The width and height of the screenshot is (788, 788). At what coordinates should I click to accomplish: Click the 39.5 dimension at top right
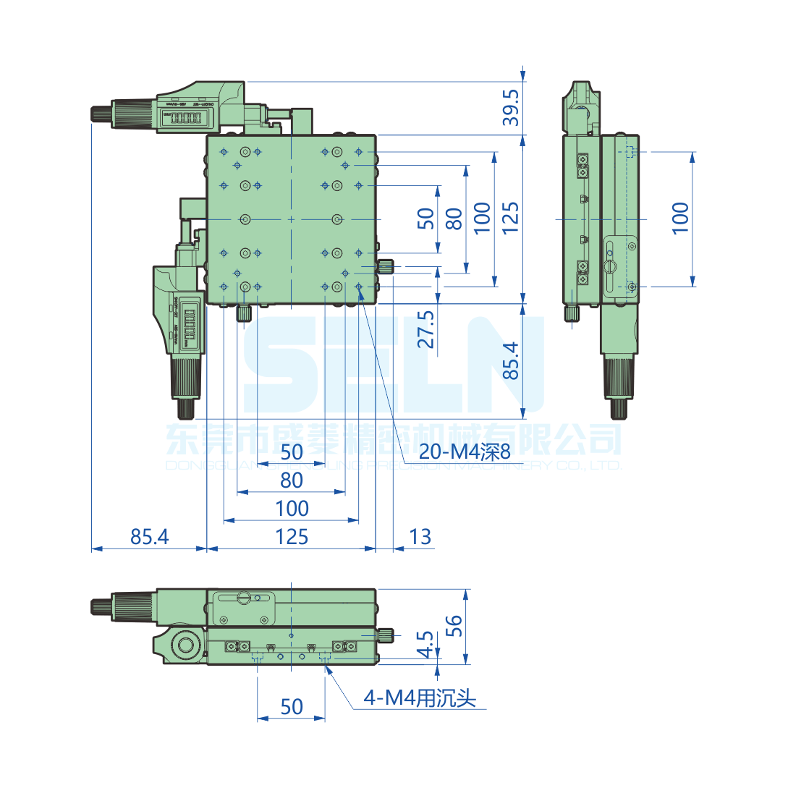511,108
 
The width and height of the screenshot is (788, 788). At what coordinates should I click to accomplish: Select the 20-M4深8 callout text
465,453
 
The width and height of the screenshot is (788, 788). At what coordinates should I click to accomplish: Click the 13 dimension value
420,537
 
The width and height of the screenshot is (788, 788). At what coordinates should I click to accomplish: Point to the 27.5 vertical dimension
427,330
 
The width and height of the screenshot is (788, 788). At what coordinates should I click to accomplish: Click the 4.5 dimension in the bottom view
427,644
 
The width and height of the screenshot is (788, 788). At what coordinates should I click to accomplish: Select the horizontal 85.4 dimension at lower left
149,537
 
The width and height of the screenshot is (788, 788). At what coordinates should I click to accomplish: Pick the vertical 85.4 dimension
511,360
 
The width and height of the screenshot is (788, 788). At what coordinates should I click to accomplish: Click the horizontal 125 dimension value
292,537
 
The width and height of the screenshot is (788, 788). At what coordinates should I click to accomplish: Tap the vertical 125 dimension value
511,218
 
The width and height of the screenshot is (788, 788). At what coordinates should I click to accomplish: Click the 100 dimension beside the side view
680,218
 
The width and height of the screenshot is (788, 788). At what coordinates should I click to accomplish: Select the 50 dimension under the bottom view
292,707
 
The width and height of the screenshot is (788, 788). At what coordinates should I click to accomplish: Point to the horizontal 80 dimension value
292,480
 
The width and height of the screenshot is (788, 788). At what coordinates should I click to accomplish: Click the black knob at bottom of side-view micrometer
619,408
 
